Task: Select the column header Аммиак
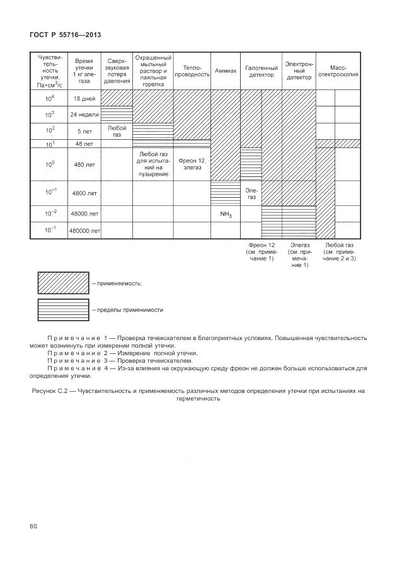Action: click(225, 71)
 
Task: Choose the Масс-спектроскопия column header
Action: click(342, 71)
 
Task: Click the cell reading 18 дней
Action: click(84, 98)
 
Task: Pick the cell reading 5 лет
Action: click(84, 131)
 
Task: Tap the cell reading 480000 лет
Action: click(84, 231)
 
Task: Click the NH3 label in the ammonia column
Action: click(226, 215)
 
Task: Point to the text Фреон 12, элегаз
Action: click(192, 163)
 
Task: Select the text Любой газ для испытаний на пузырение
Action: click(153, 163)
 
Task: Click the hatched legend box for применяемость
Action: click(62, 283)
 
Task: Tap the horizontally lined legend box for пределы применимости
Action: click(62, 310)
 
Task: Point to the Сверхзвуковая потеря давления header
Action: click(117, 70)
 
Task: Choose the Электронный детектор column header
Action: click(299, 71)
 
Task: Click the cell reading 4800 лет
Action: click(84, 193)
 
